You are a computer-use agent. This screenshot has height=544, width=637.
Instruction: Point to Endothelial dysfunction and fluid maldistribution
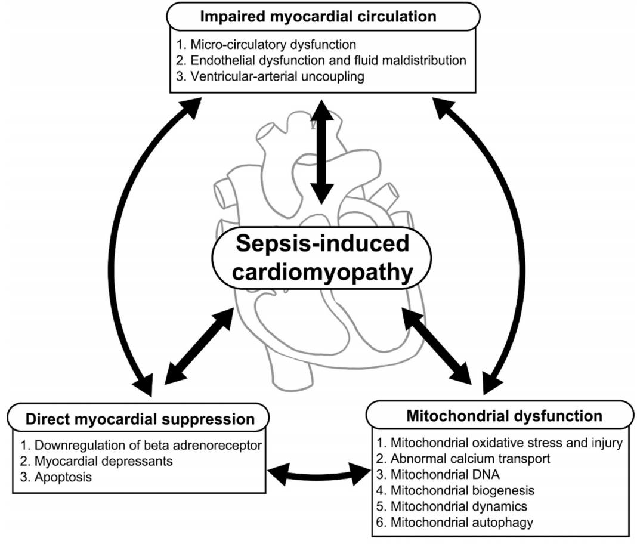click(319, 60)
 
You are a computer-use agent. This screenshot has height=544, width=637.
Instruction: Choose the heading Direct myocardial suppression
click(140, 419)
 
